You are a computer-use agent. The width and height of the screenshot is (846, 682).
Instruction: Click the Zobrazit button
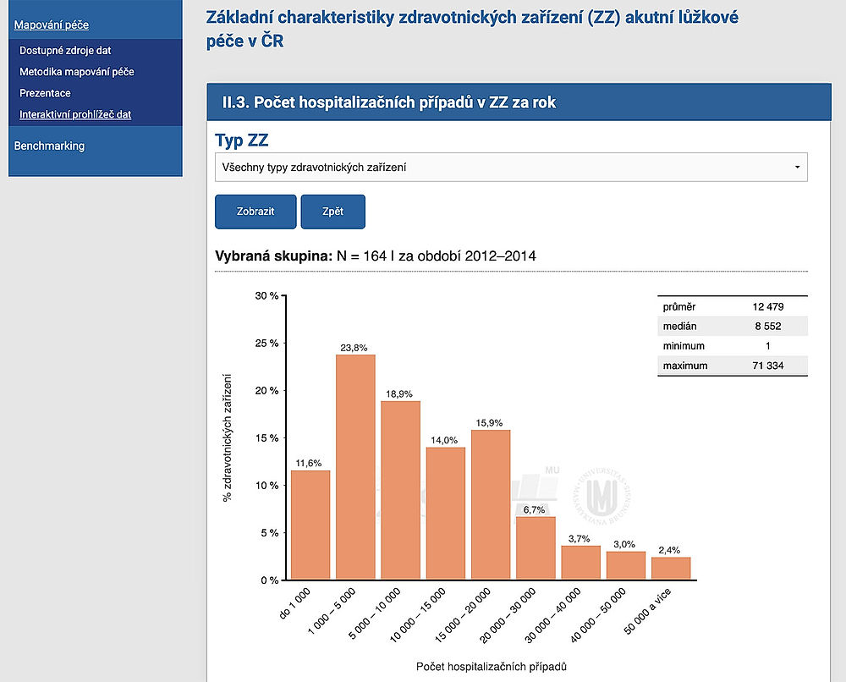point(256,212)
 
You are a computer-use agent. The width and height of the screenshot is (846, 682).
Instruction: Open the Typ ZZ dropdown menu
point(511,168)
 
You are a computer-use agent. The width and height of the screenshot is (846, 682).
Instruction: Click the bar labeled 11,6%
point(310,525)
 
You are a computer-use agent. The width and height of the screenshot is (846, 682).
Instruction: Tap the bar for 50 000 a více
point(671,568)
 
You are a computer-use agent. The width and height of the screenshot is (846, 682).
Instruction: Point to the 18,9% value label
point(400,393)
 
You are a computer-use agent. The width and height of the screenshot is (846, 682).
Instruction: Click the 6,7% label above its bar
point(536,509)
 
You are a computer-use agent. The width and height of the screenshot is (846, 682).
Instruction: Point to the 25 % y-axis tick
point(267,344)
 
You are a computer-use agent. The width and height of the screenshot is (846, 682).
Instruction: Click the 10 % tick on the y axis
point(267,486)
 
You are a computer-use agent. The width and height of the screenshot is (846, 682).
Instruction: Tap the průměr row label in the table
point(680,306)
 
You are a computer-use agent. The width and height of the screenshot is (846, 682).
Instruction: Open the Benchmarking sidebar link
point(50,146)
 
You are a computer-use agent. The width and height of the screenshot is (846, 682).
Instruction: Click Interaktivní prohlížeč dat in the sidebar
point(75,114)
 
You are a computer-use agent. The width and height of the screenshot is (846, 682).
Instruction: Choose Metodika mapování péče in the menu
point(77,72)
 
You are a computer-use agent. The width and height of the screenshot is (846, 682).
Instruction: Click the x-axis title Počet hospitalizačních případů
point(491,667)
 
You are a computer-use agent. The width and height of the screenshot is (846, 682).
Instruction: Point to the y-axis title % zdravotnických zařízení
point(228,437)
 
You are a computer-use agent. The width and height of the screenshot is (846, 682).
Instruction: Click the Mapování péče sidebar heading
point(52,25)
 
